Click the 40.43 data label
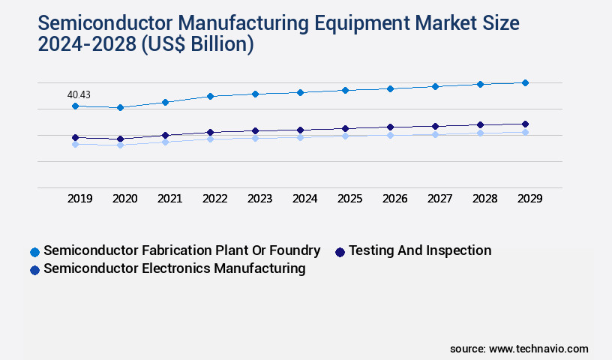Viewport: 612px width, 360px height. [79, 94]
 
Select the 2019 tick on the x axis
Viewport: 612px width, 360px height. [80, 199]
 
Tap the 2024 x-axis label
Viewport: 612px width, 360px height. [305, 199]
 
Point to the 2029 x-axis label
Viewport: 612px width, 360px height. [529, 199]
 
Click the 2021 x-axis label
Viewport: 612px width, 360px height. [170, 199]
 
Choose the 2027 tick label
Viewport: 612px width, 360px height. [439, 199]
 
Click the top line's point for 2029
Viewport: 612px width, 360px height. [525, 82]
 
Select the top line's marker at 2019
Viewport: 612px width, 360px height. [75, 106]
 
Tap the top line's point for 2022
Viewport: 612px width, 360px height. [210, 96]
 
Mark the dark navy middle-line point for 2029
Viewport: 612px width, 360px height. [525, 124]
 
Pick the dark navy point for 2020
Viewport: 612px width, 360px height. [120, 139]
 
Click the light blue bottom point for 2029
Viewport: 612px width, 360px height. [525, 132]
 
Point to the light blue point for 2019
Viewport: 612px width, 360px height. [75, 144]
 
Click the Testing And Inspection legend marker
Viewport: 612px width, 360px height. [340, 251]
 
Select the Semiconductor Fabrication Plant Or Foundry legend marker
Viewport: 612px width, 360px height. [34, 251]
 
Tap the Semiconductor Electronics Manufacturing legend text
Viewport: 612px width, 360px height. [175, 268]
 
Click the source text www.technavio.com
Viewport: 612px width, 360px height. [538, 349]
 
